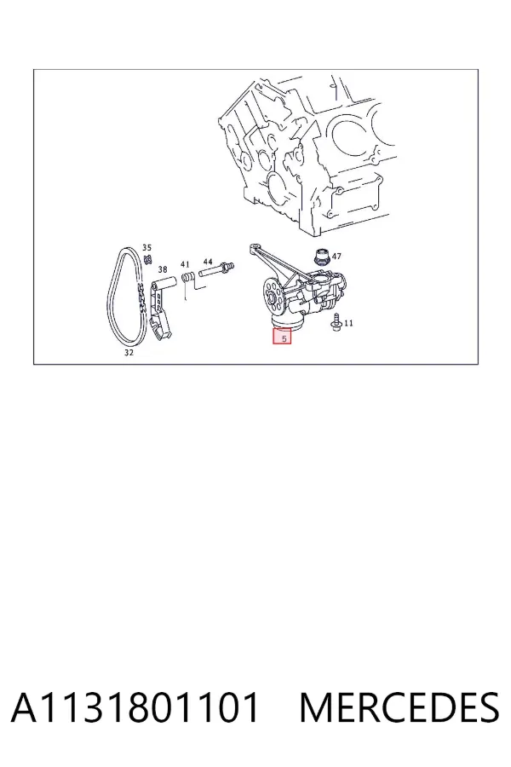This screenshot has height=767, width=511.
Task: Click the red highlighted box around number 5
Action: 282,336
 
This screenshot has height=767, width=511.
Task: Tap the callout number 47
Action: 336,256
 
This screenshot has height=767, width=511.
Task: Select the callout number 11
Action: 348,323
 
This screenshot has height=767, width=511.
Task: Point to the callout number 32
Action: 129,352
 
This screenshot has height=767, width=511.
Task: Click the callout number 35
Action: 146,247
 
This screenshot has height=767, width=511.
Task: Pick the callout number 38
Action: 163,269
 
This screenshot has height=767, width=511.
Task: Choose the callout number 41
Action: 185,265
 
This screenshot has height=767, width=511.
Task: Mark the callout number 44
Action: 208,262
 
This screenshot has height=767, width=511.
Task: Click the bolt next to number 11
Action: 336,323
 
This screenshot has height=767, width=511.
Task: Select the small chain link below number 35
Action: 146,257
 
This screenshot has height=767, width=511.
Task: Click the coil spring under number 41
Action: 187,277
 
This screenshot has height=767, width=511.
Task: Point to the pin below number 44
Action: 215,269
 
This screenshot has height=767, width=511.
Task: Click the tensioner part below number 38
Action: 160,309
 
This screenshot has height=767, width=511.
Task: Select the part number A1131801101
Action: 135,707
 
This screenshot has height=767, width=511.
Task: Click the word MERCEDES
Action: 399,707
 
